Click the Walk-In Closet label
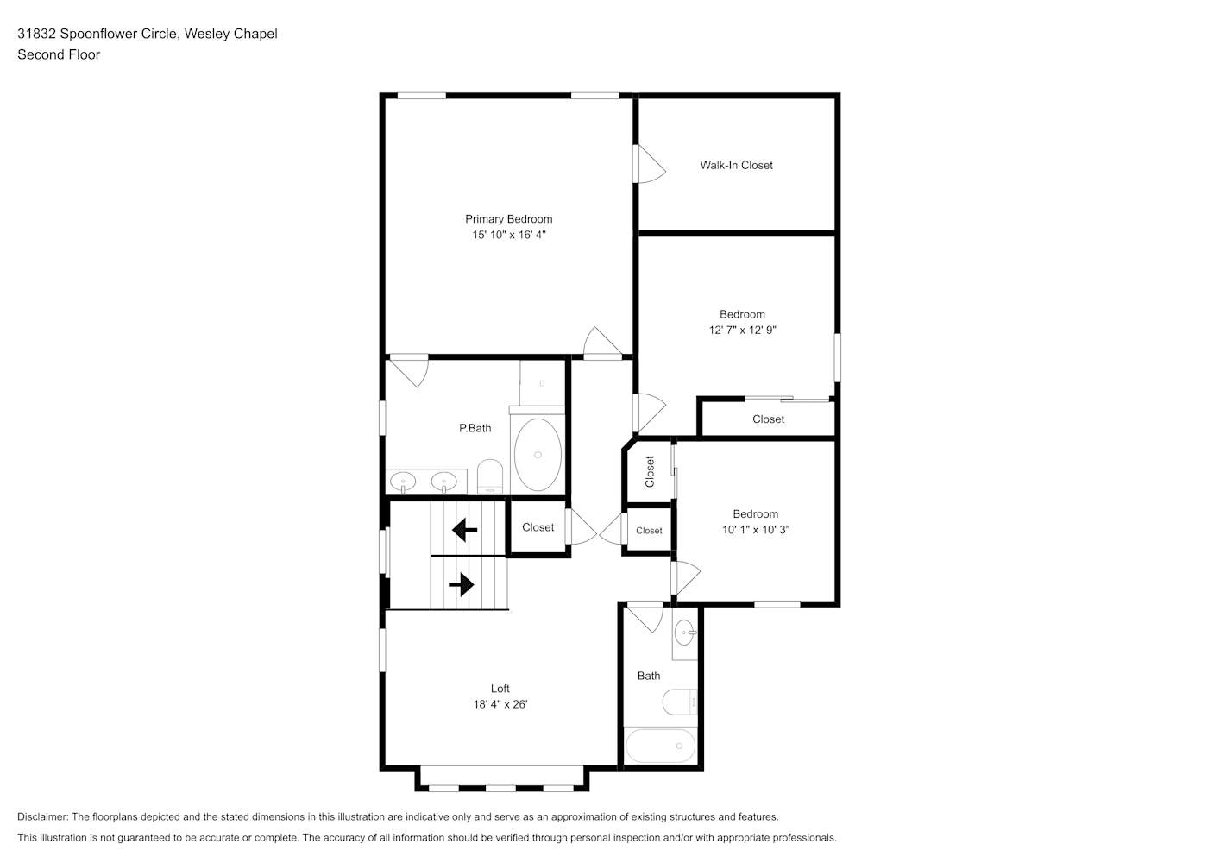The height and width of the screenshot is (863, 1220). (736, 165)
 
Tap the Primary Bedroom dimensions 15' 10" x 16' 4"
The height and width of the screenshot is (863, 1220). (509, 235)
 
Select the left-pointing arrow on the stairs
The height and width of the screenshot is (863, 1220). (464, 530)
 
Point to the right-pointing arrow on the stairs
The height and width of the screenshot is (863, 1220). (462, 584)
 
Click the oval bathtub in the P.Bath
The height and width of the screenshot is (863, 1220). (538, 455)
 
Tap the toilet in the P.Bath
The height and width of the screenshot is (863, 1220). (489, 476)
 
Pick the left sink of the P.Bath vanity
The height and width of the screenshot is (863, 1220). (403, 482)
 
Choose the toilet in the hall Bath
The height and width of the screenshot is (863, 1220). (680, 702)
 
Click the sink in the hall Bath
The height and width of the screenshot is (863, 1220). (685, 633)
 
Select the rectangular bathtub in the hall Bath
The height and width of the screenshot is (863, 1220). (661, 746)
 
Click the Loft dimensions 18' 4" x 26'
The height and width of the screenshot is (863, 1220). (500, 704)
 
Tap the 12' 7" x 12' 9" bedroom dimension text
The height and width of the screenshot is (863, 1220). (742, 330)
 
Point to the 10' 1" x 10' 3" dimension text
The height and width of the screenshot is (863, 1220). (756, 530)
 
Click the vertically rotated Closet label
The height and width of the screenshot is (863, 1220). (649, 472)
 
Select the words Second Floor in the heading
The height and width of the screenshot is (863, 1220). (59, 54)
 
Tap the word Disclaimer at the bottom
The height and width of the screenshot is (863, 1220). (43, 816)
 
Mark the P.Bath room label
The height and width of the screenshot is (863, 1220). (475, 428)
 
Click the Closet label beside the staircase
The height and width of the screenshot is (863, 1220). (538, 527)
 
